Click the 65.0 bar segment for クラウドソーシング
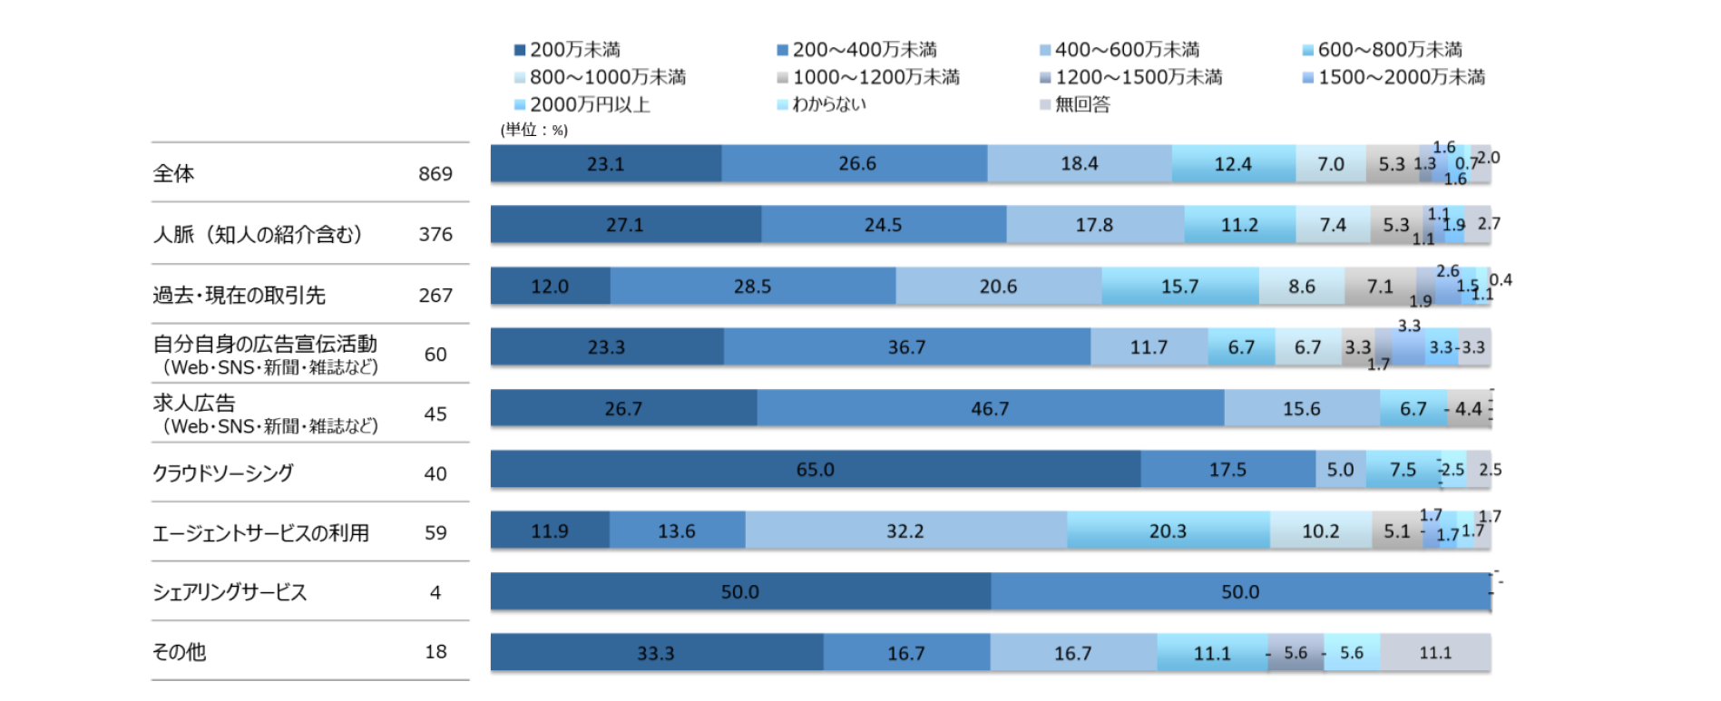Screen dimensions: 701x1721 (x=815, y=470)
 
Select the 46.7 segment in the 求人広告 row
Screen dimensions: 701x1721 (x=990, y=409)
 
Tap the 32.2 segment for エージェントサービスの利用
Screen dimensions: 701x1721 (x=905, y=531)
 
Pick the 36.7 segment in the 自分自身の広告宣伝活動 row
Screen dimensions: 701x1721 (x=906, y=347)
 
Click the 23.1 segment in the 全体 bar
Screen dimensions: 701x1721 (x=605, y=164)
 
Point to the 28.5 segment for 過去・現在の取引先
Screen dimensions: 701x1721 (x=752, y=287)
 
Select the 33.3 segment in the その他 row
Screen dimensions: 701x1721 (x=656, y=653)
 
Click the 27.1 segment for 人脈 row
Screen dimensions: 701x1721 (x=625, y=225)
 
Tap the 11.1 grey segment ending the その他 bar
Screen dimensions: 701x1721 (x=1435, y=653)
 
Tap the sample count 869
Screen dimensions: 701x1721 (x=435, y=173)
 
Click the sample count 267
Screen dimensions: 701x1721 (x=435, y=296)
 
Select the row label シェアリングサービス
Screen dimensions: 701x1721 (x=230, y=592)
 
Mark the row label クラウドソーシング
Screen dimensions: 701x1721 (x=223, y=473)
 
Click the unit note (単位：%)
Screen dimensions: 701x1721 (x=534, y=130)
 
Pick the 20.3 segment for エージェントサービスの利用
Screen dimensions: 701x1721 (x=1168, y=531)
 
